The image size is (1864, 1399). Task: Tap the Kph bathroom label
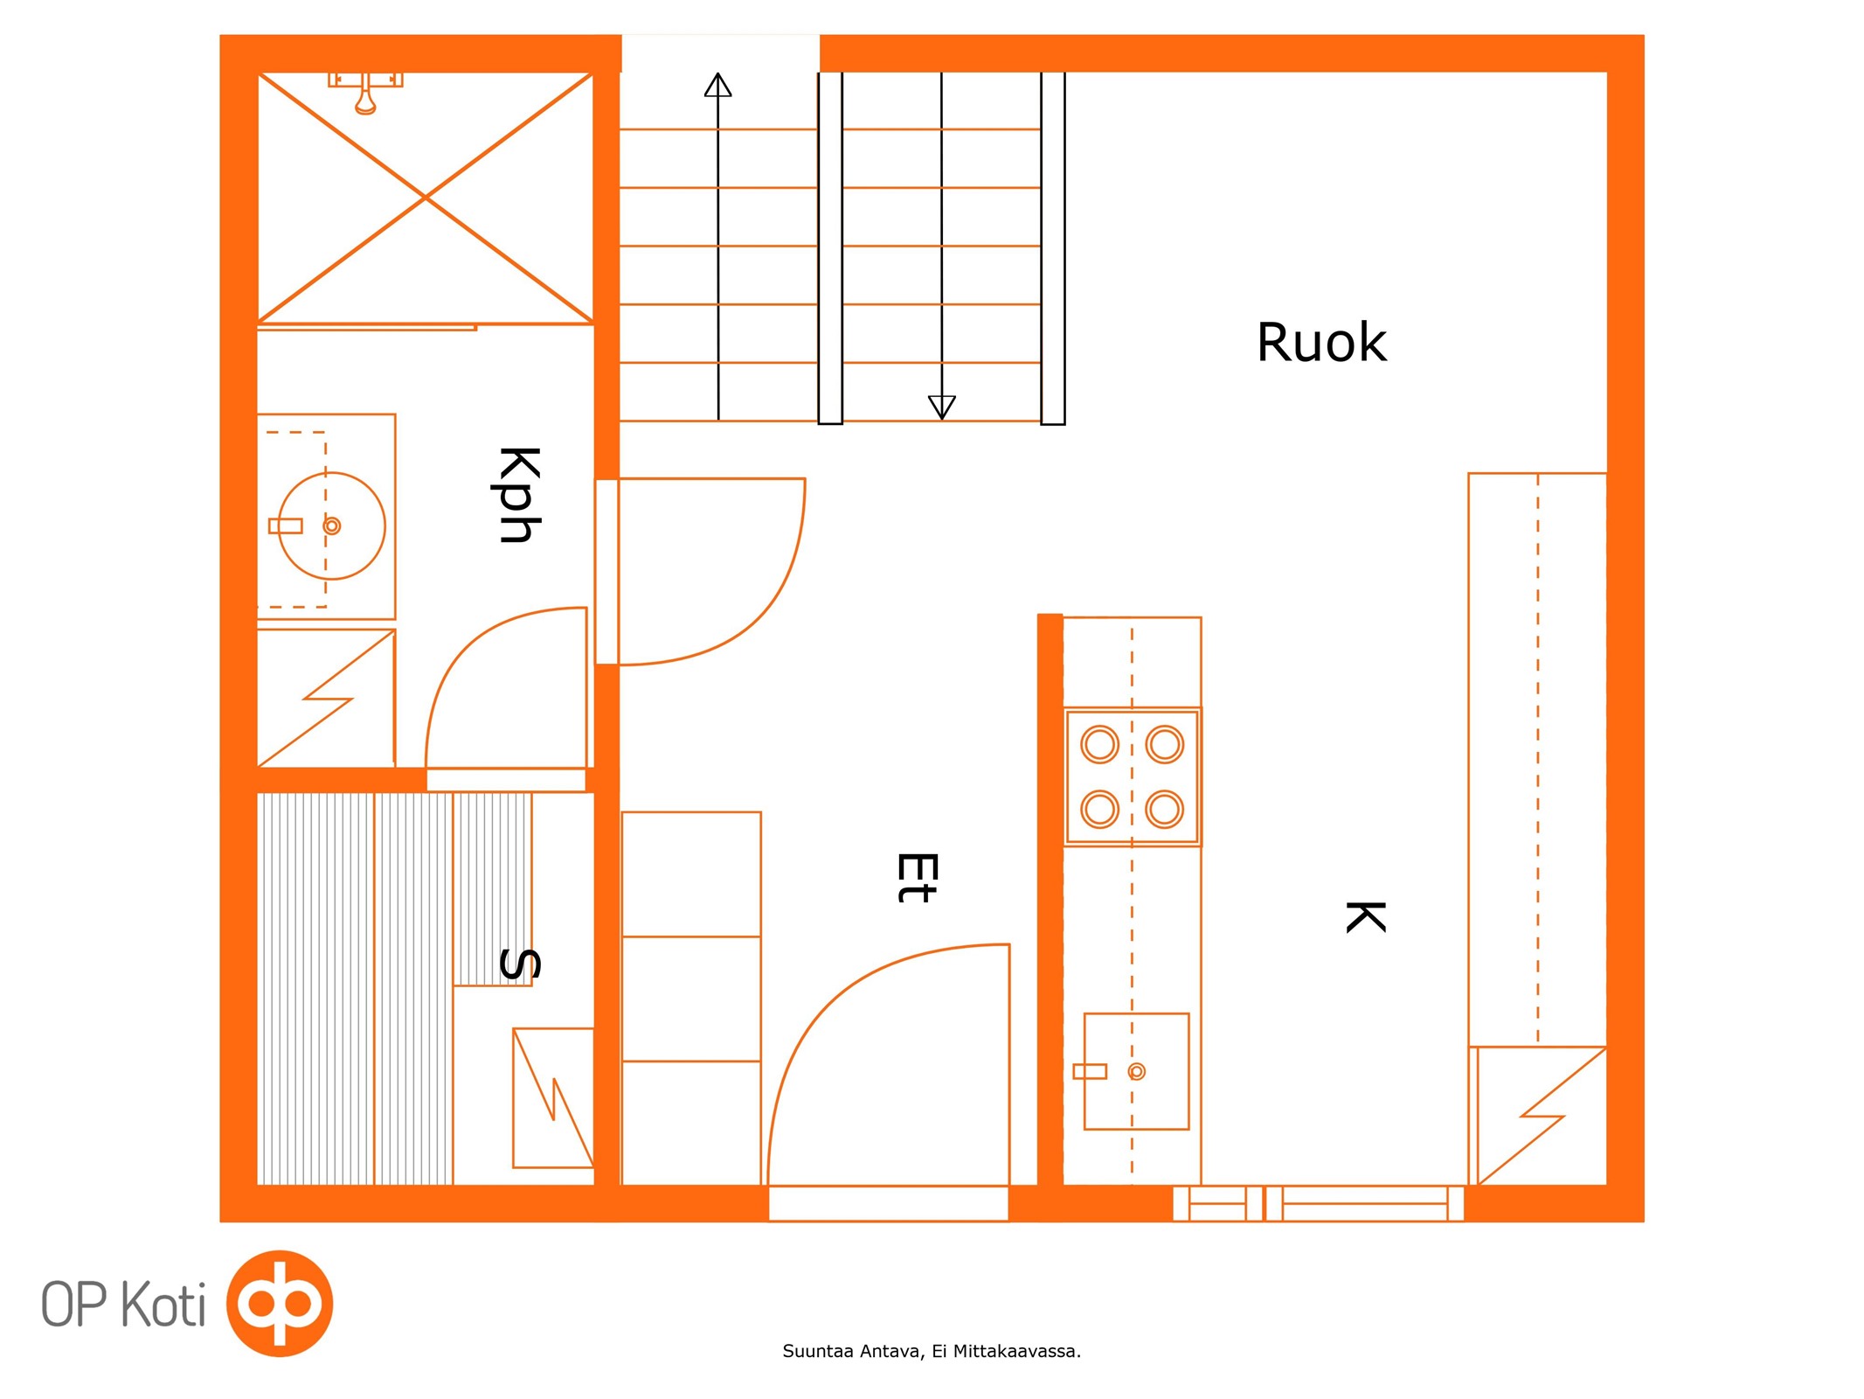point(519,495)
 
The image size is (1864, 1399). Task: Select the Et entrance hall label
point(918,877)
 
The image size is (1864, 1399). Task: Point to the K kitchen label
point(1365,917)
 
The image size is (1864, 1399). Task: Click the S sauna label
point(519,964)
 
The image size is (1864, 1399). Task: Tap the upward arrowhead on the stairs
point(717,85)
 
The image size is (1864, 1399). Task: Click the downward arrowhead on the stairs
point(941,407)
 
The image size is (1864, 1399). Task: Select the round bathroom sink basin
point(331,525)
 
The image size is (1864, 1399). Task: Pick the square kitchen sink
point(1136,1071)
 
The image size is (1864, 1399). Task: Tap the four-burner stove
point(1132,776)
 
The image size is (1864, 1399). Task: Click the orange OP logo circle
point(280,1303)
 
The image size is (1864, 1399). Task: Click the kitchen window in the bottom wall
point(1318,1203)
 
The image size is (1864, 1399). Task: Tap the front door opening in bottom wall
point(888,1203)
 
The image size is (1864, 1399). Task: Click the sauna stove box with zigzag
point(552,1097)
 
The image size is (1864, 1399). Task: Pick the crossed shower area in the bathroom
point(425,198)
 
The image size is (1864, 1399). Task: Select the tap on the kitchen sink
point(1090,1071)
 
